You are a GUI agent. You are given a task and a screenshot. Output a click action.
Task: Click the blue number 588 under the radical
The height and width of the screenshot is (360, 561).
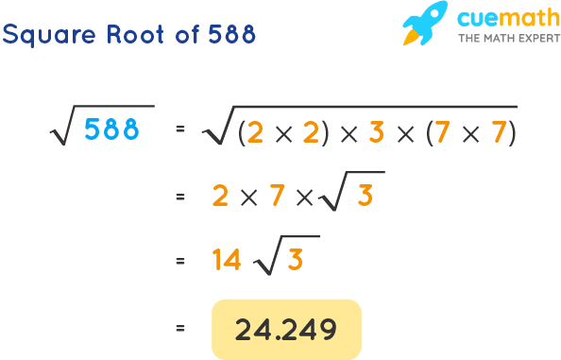[x=111, y=130]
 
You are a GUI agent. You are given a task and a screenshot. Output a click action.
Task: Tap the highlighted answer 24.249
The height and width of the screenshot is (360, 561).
[x=286, y=329]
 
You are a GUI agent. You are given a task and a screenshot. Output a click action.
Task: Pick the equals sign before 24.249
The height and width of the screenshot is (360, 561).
[x=178, y=329]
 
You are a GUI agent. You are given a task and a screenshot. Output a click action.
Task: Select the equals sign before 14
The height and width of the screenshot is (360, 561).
[x=178, y=260]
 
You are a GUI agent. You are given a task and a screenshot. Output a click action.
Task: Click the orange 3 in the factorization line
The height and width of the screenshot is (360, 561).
[x=375, y=133]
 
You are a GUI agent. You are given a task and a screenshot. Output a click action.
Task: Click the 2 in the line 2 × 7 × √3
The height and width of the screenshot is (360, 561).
[x=222, y=196]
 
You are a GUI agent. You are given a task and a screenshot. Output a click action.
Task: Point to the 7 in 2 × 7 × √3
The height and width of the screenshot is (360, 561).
[x=278, y=196]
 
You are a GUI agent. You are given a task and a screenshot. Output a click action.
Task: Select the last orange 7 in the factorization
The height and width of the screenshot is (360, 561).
[x=498, y=133]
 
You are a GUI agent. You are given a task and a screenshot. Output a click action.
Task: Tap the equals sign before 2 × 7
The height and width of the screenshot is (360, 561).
[x=178, y=196]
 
